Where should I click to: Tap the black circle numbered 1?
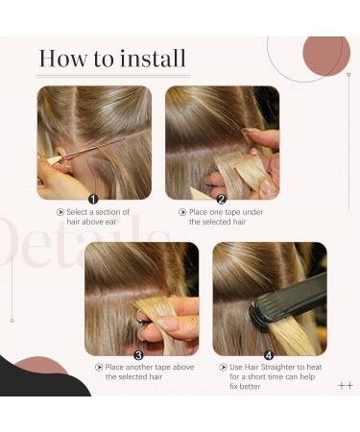click(93, 199)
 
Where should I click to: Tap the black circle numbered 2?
click(221, 199)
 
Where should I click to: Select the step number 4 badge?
click(269, 353)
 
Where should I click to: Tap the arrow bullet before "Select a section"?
click(61, 211)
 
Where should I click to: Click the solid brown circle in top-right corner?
click(325, 56)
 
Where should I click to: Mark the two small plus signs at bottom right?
click(346, 385)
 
